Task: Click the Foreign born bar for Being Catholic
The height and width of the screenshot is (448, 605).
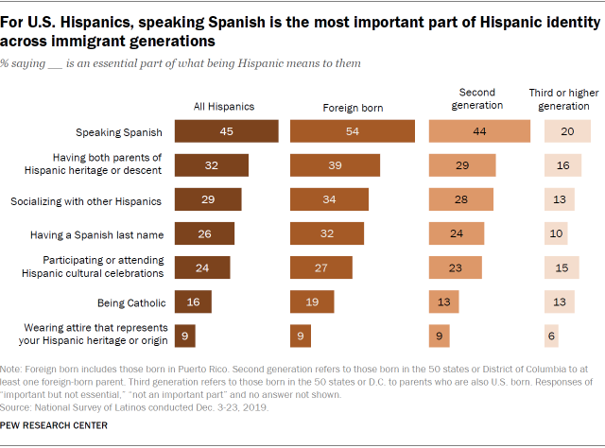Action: tap(312, 302)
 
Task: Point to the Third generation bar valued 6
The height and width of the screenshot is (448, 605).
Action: tap(551, 335)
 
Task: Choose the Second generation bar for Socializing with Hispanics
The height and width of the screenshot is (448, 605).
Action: tap(461, 199)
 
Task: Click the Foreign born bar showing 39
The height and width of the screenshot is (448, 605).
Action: tap(335, 165)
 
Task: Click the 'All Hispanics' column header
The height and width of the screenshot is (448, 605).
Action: tap(223, 107)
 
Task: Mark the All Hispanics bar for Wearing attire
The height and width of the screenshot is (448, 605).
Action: tap(192, 335)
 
